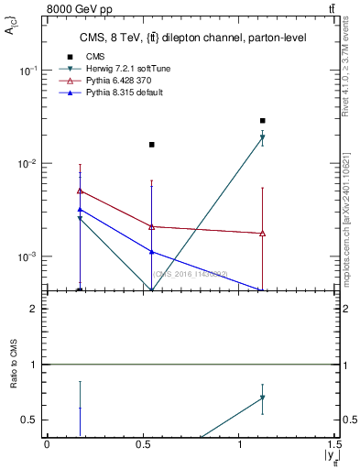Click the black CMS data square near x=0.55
click(152, 144)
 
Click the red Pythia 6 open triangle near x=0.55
click(152, 226)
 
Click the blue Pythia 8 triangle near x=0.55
click(152, 252)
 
